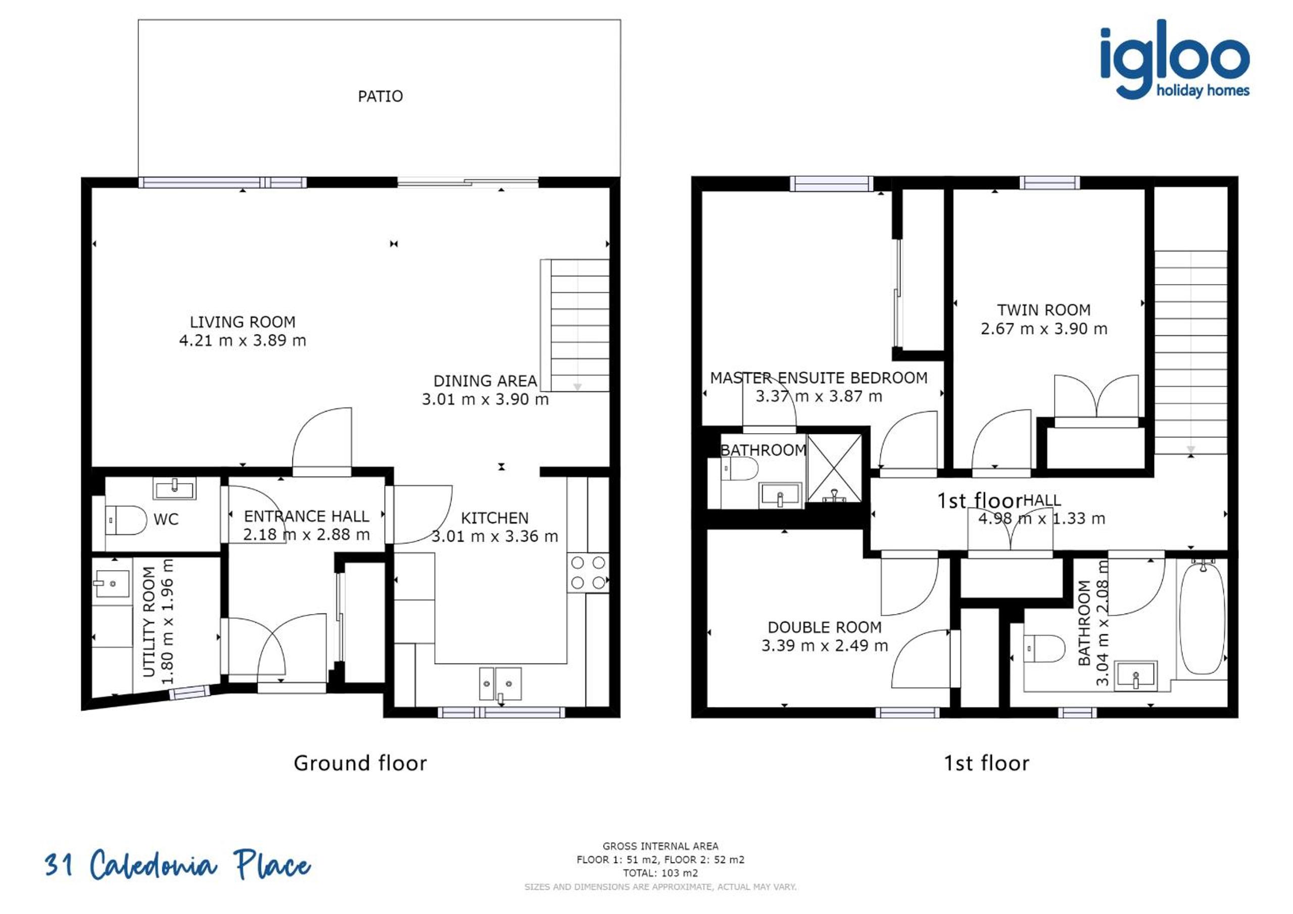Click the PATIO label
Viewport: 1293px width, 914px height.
coord(380,96)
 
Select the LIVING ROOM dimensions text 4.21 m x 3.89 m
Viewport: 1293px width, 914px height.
coord(243,340)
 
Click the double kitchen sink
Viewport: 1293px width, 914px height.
coord(500,684)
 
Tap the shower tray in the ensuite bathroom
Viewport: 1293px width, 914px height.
coord(835,468)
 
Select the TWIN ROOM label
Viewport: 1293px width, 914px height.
coord(1043,310)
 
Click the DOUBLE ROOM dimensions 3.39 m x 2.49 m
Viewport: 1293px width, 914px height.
coord(825,645)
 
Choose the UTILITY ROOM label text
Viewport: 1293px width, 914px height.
coord(149,621)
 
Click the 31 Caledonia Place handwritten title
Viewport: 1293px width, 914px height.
coord(177,865)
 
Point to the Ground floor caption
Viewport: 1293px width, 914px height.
coord(360,763)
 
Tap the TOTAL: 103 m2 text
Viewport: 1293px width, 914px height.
coord(660,873)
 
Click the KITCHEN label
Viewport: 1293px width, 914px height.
coord(495,518)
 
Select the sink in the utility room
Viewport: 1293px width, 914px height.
coord(107,584)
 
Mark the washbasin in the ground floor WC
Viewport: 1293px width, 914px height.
coord(175,488)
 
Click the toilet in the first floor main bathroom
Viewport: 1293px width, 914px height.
coord(1044,649)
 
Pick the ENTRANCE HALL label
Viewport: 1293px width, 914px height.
coord(306,516)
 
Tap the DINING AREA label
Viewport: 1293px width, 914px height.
coord(485,381)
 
